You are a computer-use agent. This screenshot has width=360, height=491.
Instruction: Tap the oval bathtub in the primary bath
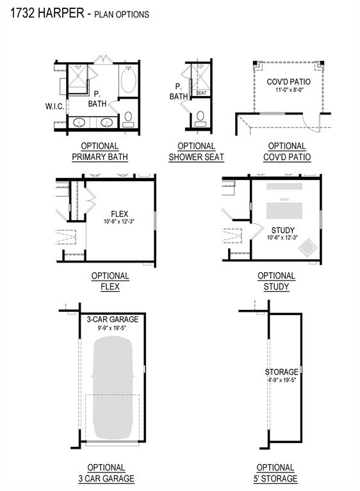(128, 83)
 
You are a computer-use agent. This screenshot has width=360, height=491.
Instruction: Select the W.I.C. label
(54, 106)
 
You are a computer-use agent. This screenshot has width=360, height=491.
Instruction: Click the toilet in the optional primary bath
(127, 118)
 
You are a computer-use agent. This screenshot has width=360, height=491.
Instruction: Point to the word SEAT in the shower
(201, 93)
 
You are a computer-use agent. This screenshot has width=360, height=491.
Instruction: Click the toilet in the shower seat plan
(200, 117)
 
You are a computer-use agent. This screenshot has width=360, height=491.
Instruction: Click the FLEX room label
(120, 213)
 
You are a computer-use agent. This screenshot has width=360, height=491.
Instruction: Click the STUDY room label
(282, 229)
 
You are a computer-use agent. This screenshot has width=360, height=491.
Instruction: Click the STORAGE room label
(281, 372)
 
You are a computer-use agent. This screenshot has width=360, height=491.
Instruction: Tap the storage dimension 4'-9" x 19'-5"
(281, 380)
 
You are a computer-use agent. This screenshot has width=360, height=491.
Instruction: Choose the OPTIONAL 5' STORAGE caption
(275, 473)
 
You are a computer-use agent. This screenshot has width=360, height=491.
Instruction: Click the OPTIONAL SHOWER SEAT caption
(197, 152)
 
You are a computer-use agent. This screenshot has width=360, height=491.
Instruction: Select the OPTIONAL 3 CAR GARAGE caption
(106, 473)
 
